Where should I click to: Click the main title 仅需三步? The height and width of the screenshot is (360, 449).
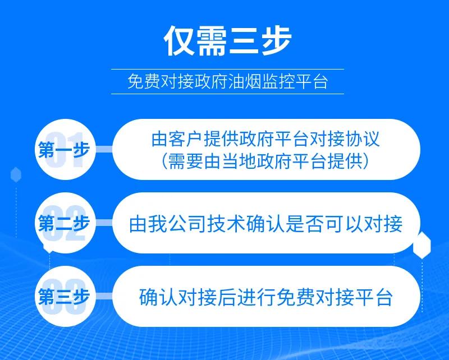coord(228,41)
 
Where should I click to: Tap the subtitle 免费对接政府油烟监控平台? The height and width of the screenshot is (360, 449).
coord(228,81)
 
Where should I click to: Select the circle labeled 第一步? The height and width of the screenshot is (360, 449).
coord(65,149)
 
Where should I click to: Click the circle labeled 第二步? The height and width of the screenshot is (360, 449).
coord(65,223)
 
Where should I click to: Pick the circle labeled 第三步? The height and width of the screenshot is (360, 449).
coord(65,297)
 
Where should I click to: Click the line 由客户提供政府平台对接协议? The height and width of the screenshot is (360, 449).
coord(265,139)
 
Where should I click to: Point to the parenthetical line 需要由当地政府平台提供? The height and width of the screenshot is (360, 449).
coord(265,161)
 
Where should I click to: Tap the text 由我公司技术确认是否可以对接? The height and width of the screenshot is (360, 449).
coord(265,224)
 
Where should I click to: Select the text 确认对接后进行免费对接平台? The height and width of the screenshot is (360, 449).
coord(265,297)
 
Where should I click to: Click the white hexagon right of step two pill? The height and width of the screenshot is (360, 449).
coord(422,245)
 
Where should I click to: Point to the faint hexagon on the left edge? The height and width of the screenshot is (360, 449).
coord(16,174)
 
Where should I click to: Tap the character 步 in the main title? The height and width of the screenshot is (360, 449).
coord(276,41)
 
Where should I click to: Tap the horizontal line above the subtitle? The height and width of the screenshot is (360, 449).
coord(228,70)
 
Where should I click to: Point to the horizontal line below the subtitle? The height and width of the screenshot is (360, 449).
coord(228,94)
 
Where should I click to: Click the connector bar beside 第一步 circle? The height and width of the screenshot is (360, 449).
coord(104,149)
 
